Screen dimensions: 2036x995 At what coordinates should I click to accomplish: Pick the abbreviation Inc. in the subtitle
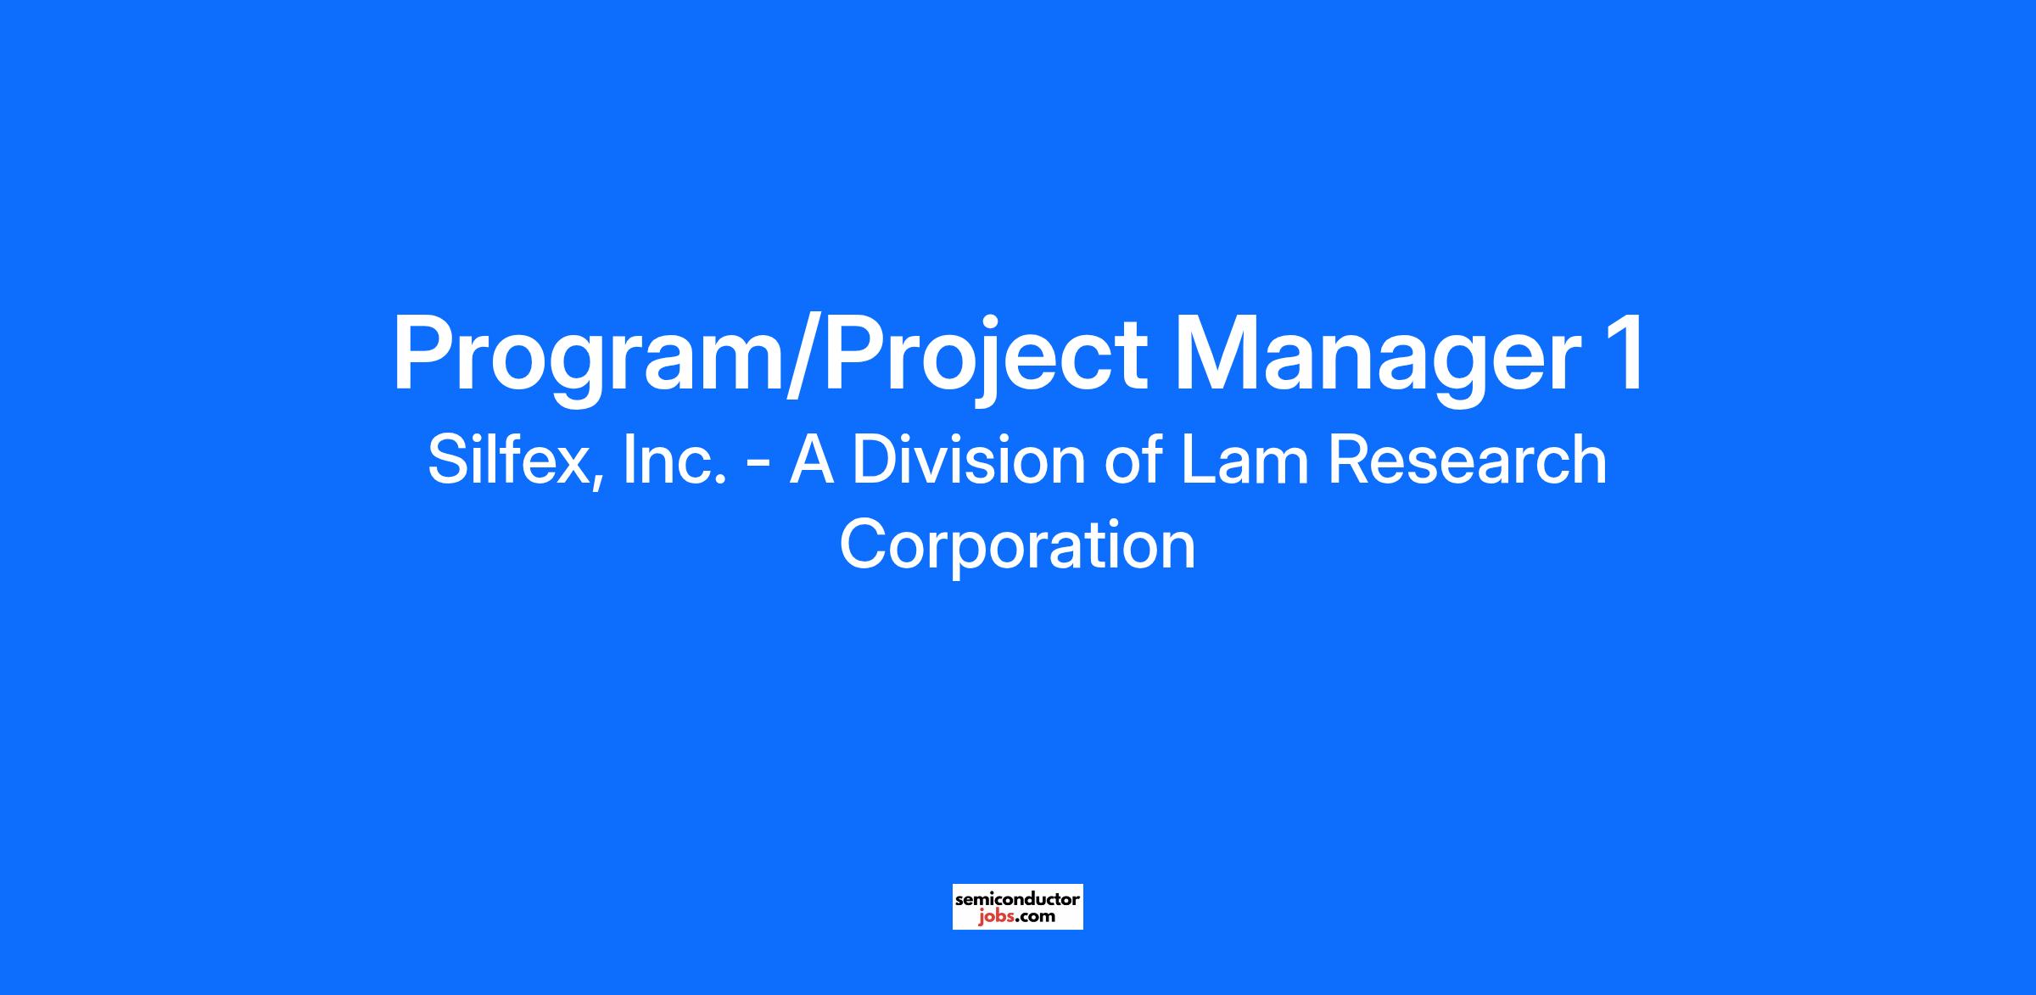pos(674,460)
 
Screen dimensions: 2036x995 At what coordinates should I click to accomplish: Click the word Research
pos(1467,460)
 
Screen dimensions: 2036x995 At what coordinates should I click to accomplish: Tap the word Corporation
pos(1017,545)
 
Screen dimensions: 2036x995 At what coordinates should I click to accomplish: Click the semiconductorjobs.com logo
pos(1017,907)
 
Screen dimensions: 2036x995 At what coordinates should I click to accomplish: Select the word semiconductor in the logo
pos(1017,898)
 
